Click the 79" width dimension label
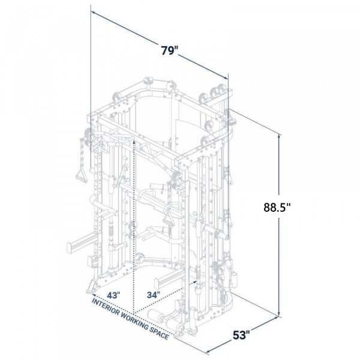[x=170, y=50]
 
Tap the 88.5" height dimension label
[x=277, y=208]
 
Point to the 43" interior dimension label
[x=115, y=295]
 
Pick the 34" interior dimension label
[x=155, y=295]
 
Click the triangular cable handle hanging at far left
[x=79, y=175]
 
